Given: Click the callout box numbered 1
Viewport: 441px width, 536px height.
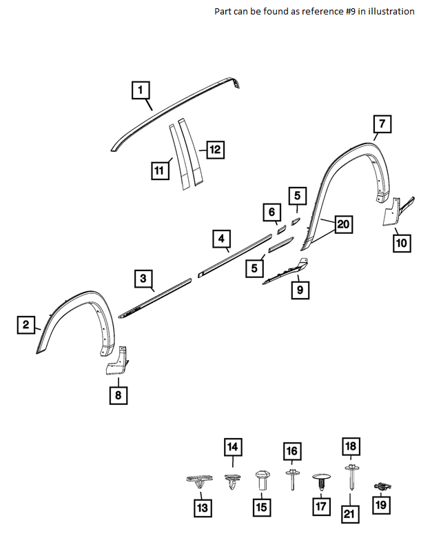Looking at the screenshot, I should [x=140, y=90].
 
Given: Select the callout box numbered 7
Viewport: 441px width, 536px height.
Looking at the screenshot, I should [x=382, y=124].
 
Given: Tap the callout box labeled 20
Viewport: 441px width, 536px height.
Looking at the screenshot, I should [x=344, y=224].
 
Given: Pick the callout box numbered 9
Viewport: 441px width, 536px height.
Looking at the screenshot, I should [x=300, y=290].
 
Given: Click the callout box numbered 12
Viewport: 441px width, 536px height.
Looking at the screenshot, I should [x=215, y=149].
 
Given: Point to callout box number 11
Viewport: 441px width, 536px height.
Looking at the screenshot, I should [x=161, y=170].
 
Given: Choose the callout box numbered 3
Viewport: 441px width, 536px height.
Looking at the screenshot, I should [x=143, y=279].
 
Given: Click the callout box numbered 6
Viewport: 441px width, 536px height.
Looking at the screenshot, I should [x=271, y=212].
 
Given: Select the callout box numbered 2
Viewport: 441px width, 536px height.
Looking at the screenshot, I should [x=25, y=325].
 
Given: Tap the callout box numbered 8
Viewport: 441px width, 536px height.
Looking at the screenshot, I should [x=118, y=395].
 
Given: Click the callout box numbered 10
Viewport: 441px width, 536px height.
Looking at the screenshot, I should [x=402, y=243].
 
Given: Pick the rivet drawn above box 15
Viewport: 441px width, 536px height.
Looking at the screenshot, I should [x=262, y=481].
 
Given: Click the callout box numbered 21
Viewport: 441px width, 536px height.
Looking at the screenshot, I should [x=350, y=514].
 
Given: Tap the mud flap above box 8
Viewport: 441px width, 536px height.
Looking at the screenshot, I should [x=116, y=361].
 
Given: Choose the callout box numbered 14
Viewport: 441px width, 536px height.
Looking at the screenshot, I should [x=233, y=448].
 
